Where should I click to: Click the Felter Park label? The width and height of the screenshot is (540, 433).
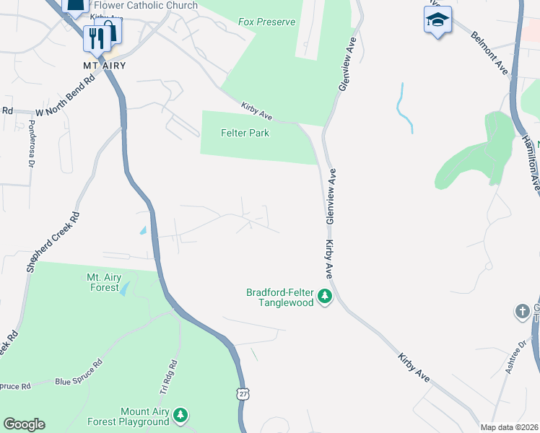245,133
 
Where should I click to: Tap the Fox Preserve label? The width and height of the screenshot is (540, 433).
266,22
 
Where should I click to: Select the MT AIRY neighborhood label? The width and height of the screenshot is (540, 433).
105,66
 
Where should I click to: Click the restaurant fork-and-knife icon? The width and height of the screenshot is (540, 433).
95,37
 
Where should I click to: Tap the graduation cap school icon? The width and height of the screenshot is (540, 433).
437,19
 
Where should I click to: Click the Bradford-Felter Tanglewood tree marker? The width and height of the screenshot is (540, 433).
325,297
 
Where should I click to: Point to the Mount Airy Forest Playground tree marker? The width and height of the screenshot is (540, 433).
180,415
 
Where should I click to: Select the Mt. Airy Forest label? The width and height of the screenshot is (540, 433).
103,282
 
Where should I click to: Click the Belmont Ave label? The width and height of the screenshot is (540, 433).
489,52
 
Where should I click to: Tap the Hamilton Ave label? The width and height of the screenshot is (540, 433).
531,163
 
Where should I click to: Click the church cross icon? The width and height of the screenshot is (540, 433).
523,312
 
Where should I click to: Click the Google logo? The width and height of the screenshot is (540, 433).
24,424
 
